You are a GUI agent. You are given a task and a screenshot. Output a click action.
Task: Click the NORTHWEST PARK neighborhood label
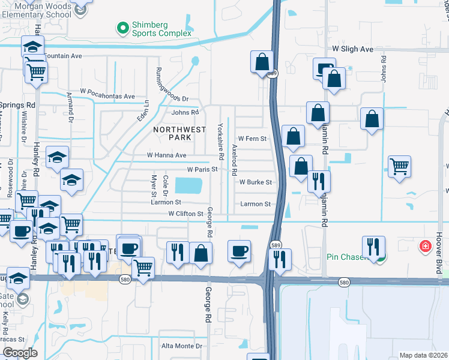click(179, 133)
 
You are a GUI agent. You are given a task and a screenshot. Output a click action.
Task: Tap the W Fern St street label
click(252, 139)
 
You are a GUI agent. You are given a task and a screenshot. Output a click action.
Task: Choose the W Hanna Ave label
click(167, 155)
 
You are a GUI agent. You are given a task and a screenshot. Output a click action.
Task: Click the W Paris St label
click(202, 170)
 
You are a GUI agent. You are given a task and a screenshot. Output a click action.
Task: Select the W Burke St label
click(256, 182)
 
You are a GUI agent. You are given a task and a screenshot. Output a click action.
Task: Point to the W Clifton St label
click(185, 214)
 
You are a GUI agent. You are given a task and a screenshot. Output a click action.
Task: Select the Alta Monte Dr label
click(182, 346)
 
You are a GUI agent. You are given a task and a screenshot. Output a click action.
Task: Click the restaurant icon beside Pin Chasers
click(374, 246)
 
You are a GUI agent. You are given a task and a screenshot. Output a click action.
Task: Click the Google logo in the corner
click(19, 353)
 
